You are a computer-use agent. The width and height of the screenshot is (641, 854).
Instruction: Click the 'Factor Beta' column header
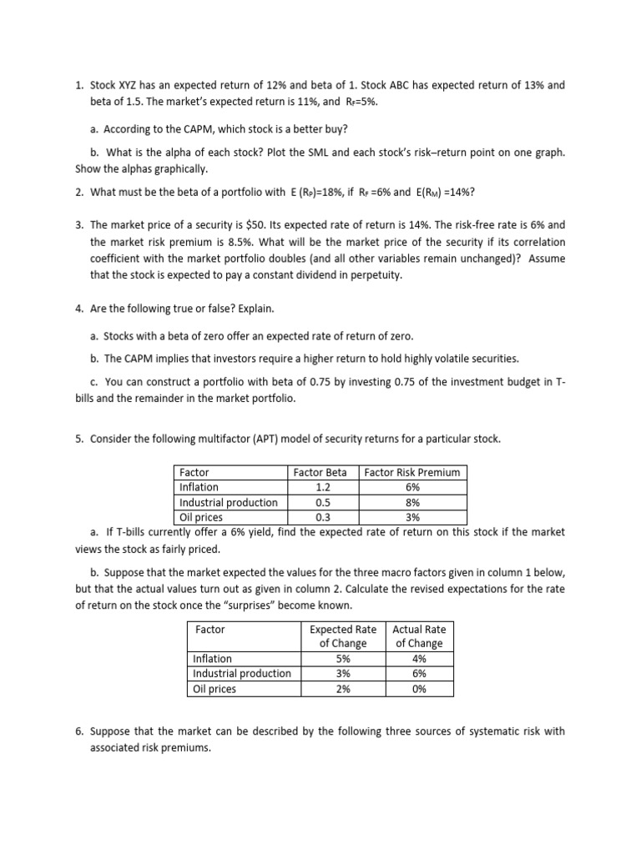click(320, 472)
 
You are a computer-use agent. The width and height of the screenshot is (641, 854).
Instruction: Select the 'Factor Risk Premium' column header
click(412, 472)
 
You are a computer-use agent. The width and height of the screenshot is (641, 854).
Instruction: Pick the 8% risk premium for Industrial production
click(412, 502)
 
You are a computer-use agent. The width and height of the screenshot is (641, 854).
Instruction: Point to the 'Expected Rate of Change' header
click(343, 636)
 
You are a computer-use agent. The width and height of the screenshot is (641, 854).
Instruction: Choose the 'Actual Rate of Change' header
click(419, 636)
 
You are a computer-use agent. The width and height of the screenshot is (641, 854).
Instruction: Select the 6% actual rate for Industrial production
click(419, 674)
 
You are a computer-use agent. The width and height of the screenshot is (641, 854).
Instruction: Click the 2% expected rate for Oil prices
click(343, 689)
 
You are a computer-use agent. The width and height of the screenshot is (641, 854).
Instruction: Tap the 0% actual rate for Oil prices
click(419, 689)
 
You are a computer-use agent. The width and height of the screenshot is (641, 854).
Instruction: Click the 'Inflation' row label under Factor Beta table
click(199, 487)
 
